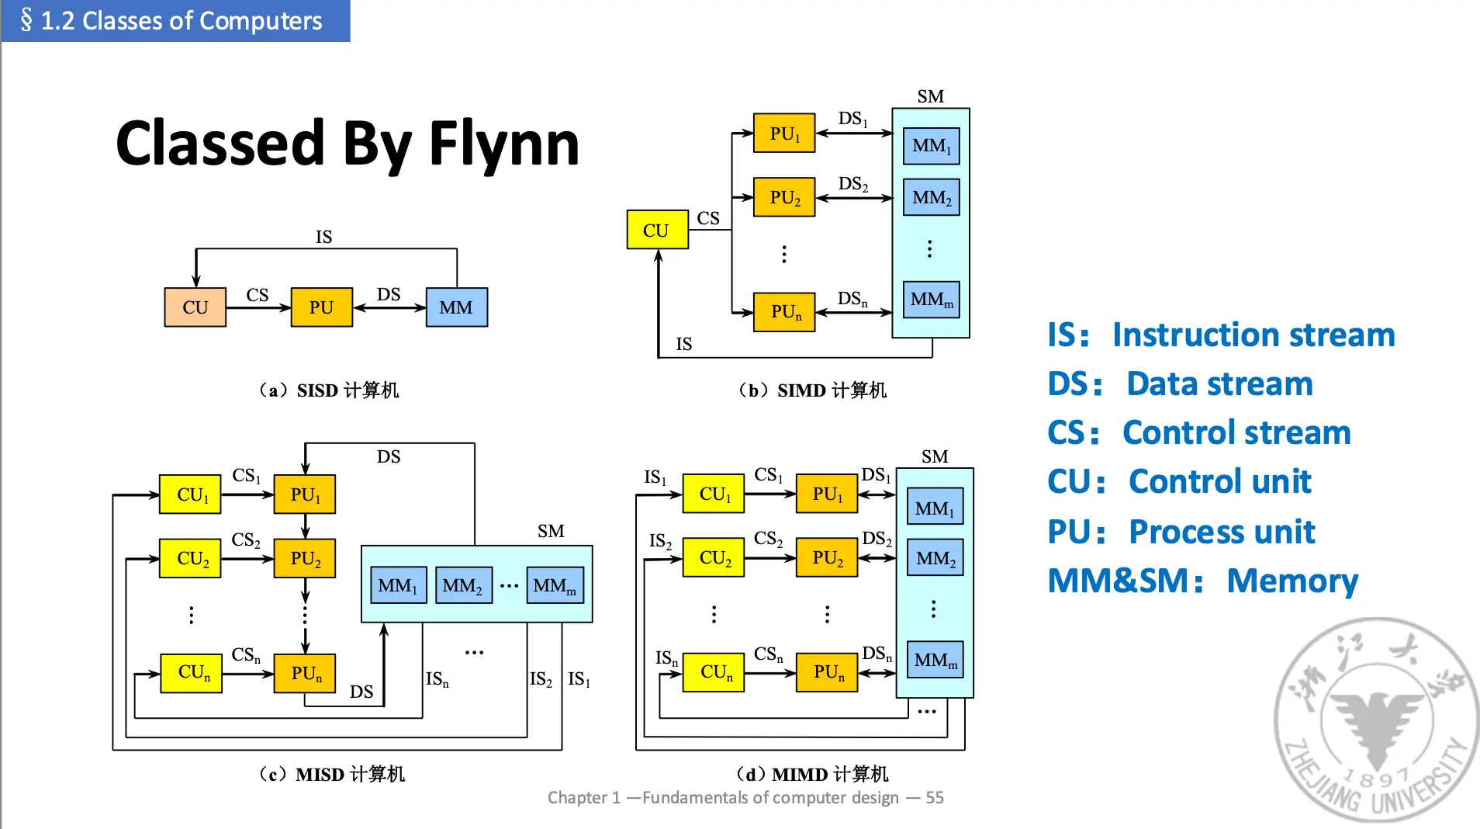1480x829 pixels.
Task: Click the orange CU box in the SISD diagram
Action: [195, 307]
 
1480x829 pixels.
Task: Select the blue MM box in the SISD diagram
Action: [457, 307]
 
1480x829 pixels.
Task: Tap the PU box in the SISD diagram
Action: [321, 307]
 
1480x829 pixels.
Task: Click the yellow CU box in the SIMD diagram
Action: [657, 230]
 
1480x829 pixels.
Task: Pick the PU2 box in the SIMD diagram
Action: [784, 197]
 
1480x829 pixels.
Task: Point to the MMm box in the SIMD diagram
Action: [932, 300]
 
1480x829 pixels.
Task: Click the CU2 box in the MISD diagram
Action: [190, 558]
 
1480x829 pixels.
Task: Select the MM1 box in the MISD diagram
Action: [398, 585]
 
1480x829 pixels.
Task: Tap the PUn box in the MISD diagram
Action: [305, 673]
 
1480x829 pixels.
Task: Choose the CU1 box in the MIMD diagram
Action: [714, 494]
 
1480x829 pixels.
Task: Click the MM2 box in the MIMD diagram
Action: [935, 558]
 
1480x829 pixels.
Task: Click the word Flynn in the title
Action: [504, 144]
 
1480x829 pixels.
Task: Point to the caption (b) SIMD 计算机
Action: [812, 390]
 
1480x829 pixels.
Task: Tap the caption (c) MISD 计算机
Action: [332, 774]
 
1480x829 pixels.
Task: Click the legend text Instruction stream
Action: [1253, 335]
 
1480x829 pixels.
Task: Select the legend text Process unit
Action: [1222, 532]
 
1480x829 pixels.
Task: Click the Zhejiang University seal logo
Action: [1376, 720]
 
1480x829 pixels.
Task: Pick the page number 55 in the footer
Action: [935, 798]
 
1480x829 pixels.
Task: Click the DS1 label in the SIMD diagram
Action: [852, 119]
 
